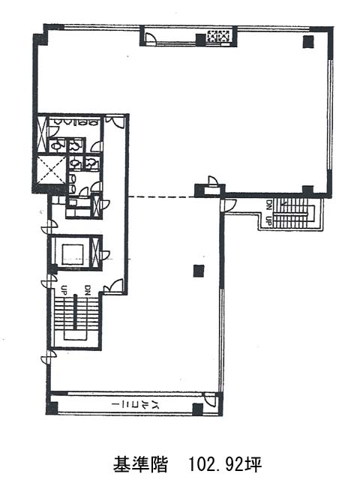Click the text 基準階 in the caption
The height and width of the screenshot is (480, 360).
click(x=141, y=464)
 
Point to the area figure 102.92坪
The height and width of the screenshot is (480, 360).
click(x=225, y=464)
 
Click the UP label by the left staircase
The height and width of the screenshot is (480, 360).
click(x=64, y=289)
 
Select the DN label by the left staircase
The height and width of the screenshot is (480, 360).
click(x=88, y=289)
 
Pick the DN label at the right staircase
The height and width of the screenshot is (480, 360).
click(x=268, y=203)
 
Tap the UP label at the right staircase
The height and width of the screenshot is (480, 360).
click(x=268, y=220)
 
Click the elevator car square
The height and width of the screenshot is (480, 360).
click(x=73, y=254)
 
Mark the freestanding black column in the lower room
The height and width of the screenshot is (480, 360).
click(x=199, y=271)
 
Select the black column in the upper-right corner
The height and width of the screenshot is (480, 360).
click(x=308, y=42)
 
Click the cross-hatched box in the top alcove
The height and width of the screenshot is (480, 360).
click(x=218, y=36)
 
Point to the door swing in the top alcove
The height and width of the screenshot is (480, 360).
click(x=151, y=38)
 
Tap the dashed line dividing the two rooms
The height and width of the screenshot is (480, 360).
click(x=161, y=196)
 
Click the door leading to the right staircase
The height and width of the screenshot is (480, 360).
click(x=229, y=205)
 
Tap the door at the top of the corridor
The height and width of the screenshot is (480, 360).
click(x=115, y=121)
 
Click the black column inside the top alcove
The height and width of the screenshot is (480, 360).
click(x=200, y=40)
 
